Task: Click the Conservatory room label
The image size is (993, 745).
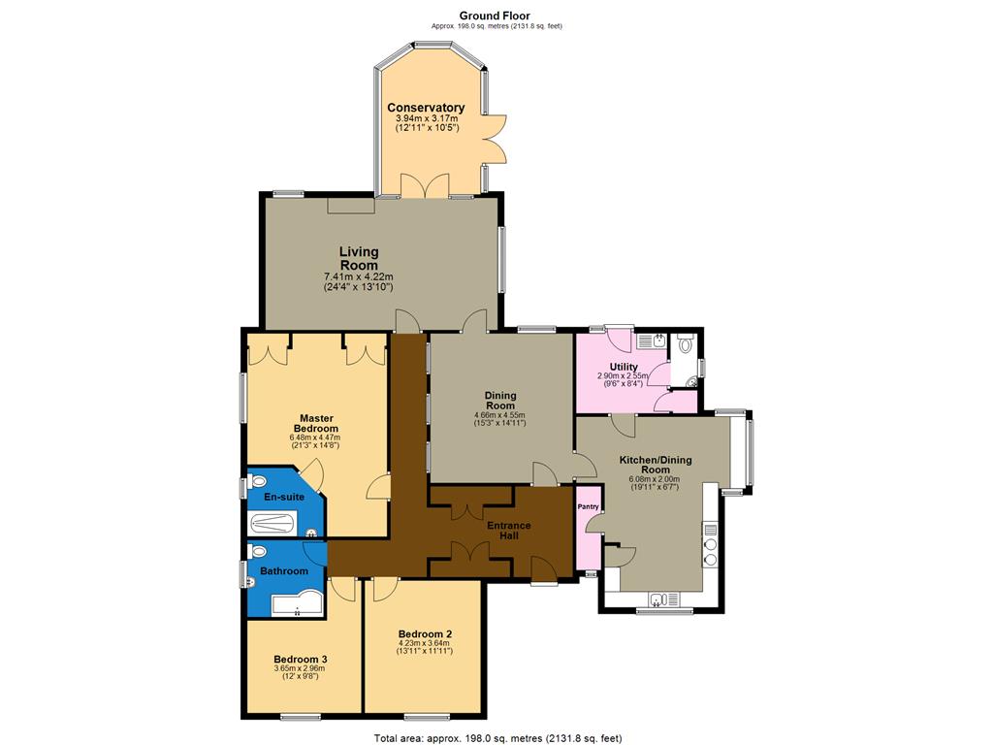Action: pos(427,108)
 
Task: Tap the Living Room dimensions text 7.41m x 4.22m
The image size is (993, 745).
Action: pos(359,276)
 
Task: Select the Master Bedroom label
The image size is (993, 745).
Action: pos(317,423)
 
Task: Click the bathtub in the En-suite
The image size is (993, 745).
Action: pos(272,523)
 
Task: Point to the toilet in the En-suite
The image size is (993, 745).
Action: pos(257,482)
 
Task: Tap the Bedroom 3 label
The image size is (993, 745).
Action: pos(301,659)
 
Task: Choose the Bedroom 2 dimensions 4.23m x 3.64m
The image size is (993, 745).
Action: pos(425,642)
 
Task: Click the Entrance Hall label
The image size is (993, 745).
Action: pos(509,531)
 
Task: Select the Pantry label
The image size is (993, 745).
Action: pos(589,506)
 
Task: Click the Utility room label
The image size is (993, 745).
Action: pos(624,367)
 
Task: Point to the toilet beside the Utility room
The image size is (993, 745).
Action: pos(686,344)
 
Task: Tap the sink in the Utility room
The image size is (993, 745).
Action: pos(658,341)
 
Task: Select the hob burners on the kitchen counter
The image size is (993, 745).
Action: pos(711,552)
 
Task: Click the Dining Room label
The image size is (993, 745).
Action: pos(500,401)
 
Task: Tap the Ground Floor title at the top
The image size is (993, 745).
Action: pos(495,16)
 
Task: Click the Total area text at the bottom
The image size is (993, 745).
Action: pos(497,738)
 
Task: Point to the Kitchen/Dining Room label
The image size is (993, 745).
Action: pos(656,465)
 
